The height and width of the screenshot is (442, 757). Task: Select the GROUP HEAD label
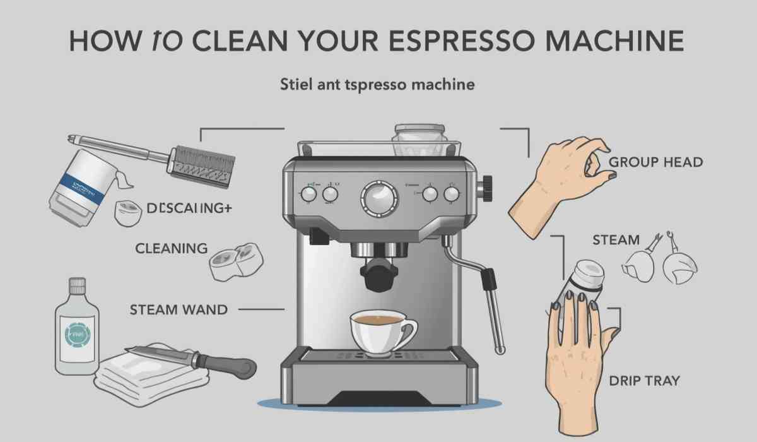pos(655,162)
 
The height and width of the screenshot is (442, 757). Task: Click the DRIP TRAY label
pos(644,381)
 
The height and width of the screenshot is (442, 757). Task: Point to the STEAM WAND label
pos(179,309)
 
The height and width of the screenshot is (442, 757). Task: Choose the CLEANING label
pos(171,248)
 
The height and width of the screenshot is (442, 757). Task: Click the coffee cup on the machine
pos(380,331)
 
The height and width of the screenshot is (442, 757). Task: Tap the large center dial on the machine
pos(380,197)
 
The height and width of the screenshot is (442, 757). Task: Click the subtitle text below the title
pos(377,84)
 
